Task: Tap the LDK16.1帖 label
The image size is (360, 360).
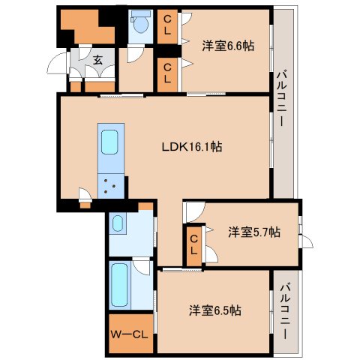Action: [191, 147]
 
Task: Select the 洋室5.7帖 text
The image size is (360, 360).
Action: [254, 232]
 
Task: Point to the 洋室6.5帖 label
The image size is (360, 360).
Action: [214, 310]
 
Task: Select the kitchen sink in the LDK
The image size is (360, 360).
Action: [109, 142]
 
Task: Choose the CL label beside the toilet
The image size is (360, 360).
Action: [169, 24]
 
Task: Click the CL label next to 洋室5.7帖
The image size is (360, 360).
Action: [193, 244]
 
